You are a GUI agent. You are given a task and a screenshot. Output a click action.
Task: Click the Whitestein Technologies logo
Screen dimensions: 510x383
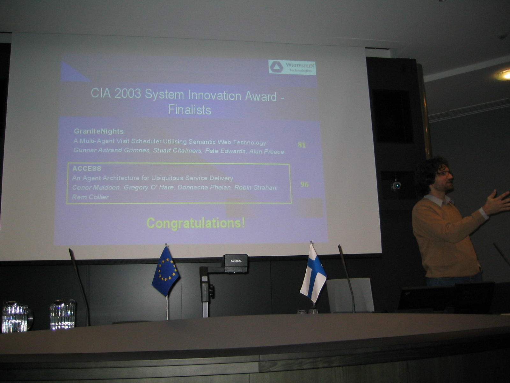[x=292, y=67]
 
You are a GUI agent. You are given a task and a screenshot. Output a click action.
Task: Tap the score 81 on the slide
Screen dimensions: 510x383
[x=302, y=145]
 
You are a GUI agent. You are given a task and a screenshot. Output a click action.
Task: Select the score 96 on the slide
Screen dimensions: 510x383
[x=304, y=184]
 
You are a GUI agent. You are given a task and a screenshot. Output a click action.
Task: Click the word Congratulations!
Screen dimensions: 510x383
[x=196, y=223]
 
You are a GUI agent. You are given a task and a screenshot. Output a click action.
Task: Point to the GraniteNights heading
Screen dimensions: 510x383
[x=98, y=131]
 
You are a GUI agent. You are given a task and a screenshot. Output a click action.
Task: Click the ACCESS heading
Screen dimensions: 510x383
[x=87, y=169]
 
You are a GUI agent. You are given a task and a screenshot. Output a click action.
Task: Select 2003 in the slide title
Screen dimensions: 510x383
[x=127, y=94]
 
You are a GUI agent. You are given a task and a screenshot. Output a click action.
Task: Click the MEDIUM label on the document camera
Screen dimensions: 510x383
[x=236, y=261]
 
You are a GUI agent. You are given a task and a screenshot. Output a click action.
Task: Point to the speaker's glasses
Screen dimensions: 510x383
[x=444, y=174]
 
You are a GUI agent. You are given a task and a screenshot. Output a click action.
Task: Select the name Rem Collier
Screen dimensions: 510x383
[x=90, y=197]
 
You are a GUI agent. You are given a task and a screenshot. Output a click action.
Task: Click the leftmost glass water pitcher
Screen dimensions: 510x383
[x=16, y=317]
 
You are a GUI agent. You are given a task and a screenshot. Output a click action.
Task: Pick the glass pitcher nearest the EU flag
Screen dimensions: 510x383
[x=63, y=314]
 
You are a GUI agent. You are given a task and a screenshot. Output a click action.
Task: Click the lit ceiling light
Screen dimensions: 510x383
[x=504, y=75]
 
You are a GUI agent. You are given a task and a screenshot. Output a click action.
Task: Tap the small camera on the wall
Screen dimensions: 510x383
[x=396, y=185]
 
